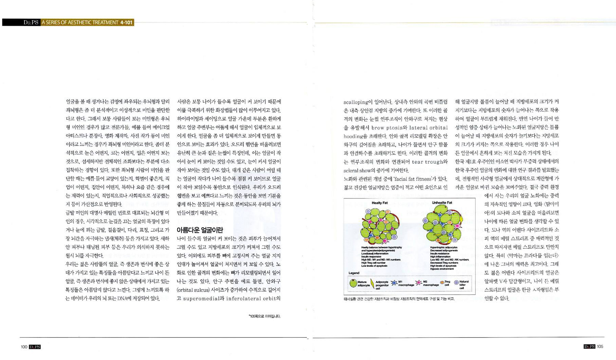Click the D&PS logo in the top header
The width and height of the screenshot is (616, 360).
pos(31,22)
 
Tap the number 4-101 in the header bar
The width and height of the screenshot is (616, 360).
pos(126,22)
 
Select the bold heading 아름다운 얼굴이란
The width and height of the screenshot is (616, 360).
pos(199,230)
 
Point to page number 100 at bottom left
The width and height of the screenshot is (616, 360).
pos(24,347)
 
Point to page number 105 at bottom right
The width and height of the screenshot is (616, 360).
pos(600,347)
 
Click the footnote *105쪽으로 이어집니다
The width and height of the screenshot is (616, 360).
pos(264,316)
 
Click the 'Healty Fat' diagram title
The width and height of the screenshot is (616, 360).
pos(379,203)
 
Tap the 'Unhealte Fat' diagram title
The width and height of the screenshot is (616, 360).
pos(442,203)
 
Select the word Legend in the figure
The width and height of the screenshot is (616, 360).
pos(354,273)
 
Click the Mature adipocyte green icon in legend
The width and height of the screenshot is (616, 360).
pos(353,283)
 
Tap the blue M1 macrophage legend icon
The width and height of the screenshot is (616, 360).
pos(394,283)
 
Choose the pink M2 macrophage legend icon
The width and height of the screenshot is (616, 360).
pos(419,283)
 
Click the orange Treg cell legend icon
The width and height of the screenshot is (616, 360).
pos(442,283)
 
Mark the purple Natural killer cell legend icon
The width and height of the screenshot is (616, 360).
pos(456,283)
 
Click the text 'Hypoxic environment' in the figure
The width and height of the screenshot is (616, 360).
pos(442,269)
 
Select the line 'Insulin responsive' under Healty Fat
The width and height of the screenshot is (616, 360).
pos(371,257)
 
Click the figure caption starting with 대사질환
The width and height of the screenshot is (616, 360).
pos(399,299)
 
